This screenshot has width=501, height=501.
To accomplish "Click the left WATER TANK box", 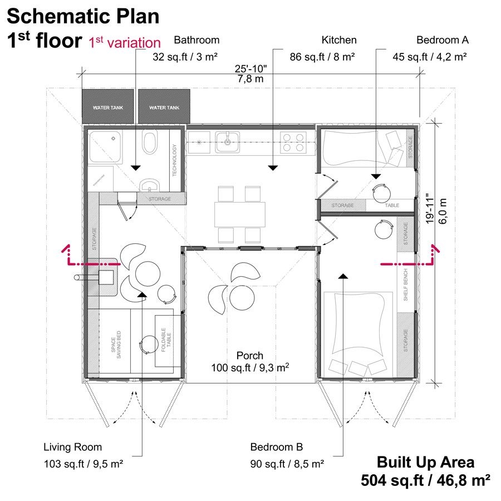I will [x=109, y=106].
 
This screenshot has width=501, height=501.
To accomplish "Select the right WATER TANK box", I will [x=164, y=106].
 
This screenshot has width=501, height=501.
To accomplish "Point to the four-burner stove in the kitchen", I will [x=293, y=142].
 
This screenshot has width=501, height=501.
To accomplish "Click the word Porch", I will [x=249, y=355].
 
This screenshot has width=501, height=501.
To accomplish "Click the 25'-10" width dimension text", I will [x=250, y=69].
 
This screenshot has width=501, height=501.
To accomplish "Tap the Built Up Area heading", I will [x=425, y=462].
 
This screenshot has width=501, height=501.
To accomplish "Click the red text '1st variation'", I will [x=125, y=42].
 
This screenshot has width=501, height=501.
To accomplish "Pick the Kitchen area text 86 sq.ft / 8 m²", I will [x=322, y=57].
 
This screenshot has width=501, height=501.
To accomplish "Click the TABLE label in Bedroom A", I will [x=392, y=205].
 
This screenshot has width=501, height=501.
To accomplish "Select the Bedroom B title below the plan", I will [x=276, y=447].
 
